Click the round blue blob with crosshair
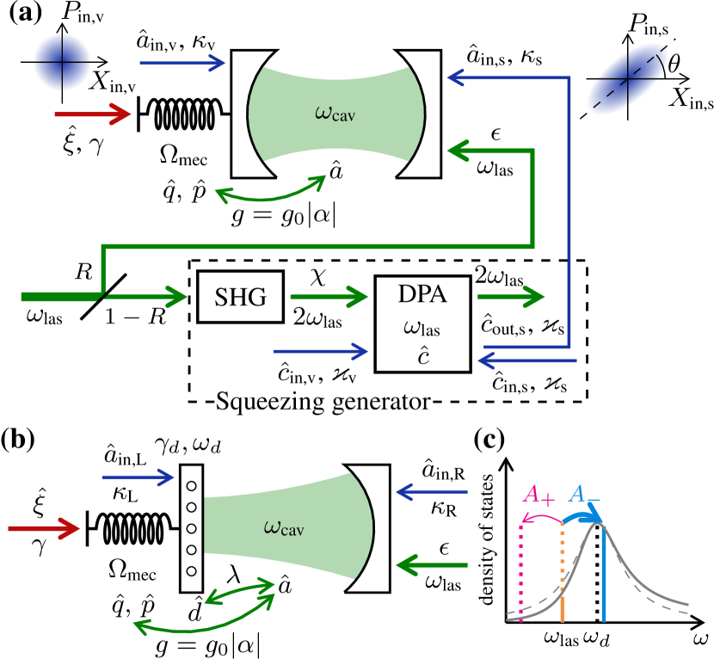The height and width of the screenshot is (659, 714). (62, 62)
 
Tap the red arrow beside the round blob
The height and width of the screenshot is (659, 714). (93, 114)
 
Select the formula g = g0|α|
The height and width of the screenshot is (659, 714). (285, 215)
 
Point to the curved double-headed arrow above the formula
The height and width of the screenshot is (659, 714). (269, 188)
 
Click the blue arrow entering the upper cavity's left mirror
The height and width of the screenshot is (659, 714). (182, 63)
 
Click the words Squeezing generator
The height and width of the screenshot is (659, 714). (322, 402)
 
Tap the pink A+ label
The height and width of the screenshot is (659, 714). (539, 495)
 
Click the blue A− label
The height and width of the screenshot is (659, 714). (586, 494)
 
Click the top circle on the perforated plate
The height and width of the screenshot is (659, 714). (191, 486)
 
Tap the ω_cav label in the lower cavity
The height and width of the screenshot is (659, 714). (283, 527)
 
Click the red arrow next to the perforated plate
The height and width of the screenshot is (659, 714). (43, 528)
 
